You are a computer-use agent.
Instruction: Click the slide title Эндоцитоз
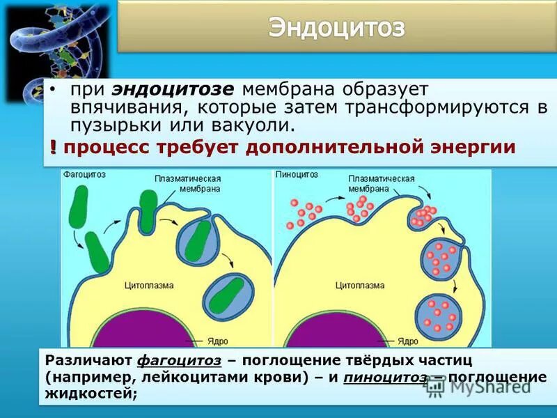click(x=336, y=28)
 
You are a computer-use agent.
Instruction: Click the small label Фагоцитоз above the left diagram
click(x=84, y=175)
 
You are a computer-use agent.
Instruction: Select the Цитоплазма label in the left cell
click(x=149, y=286)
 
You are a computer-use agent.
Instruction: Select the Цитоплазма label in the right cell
click(x=360, y=286)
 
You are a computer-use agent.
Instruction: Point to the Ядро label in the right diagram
click(x=407, y=341)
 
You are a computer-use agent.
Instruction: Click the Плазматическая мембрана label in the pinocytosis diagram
click(x=381, y=183)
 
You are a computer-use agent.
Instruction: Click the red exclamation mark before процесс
click(x=53, y=148)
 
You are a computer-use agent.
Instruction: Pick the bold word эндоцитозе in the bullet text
click(x=176, y=90)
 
